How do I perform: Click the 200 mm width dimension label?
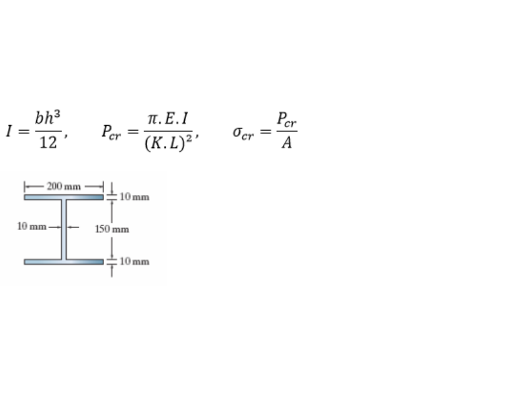pyautogui.click(x=63, y=187)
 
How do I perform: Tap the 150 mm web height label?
pyautogui.click(x=112, y=229)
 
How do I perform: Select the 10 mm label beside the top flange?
pyautogui.click(x=135, y=197)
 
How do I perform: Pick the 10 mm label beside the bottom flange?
pyautogui.click(x=135, y=262)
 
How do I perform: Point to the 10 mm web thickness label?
pyautogui.click(x=32, y=226)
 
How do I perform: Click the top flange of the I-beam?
pyautogui.click(x=63, y=197)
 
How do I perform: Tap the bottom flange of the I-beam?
pyautogui.click(x=63, y=262)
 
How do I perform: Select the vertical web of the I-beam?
pyautogui.click(x=63, y=230)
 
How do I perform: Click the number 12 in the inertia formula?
pyautogui.click(x=48, y=143)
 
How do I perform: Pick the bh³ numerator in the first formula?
pyautogui.click(x=48, y=118)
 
